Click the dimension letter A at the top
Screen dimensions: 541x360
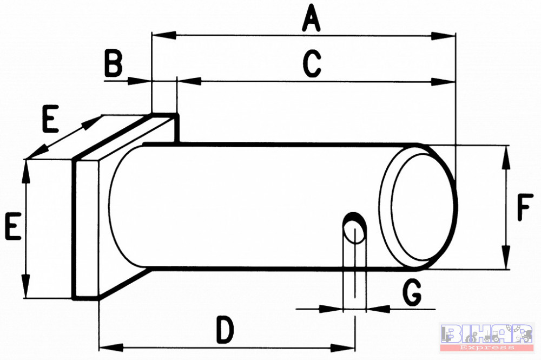(x=311, y=18)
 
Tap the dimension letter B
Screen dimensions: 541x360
(x=114, y=64)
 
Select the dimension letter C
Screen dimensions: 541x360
(x=312, y=64)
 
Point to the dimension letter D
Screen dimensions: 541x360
(x=225, y=330)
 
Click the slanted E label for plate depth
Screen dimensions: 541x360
(x=50, y=119)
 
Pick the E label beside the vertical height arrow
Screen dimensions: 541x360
(x=14, y=226)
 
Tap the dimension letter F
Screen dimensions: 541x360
(x=525, y=207)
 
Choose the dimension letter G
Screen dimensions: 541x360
(x=412, y=293)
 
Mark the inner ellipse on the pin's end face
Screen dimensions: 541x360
(x=392, y=207)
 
